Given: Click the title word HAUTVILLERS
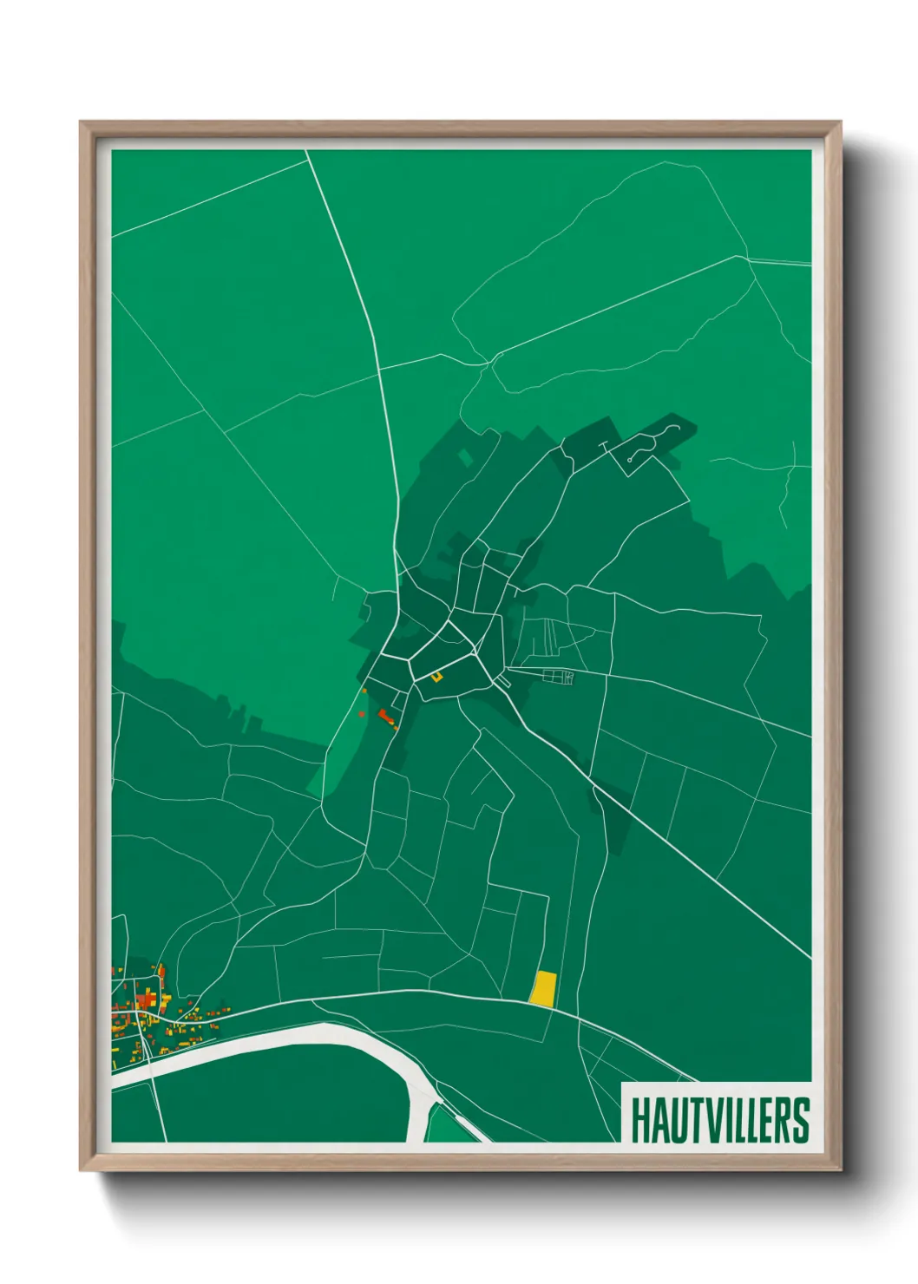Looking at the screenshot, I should pyautogui.click(x=719, y=1120).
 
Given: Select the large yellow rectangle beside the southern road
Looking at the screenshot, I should pyautogui.click(x=543, y=987).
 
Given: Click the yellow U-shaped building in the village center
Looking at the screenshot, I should pyautogui.click(x=437, y=676).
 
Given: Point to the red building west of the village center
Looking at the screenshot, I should pyautogui.click(x=384, y=716).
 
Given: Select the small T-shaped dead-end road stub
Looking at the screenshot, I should pyautogui.click(x=604, y=446).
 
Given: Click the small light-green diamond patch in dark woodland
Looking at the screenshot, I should pyautogui.click(x=466, y=456).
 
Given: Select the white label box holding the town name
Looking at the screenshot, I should pyautogui.click(x=717, y=1112).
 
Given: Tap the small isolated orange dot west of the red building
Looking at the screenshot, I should pyautogui.click(x=362, y=714).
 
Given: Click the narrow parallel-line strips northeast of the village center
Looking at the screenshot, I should pyautogui.click(x=548, y=637).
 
